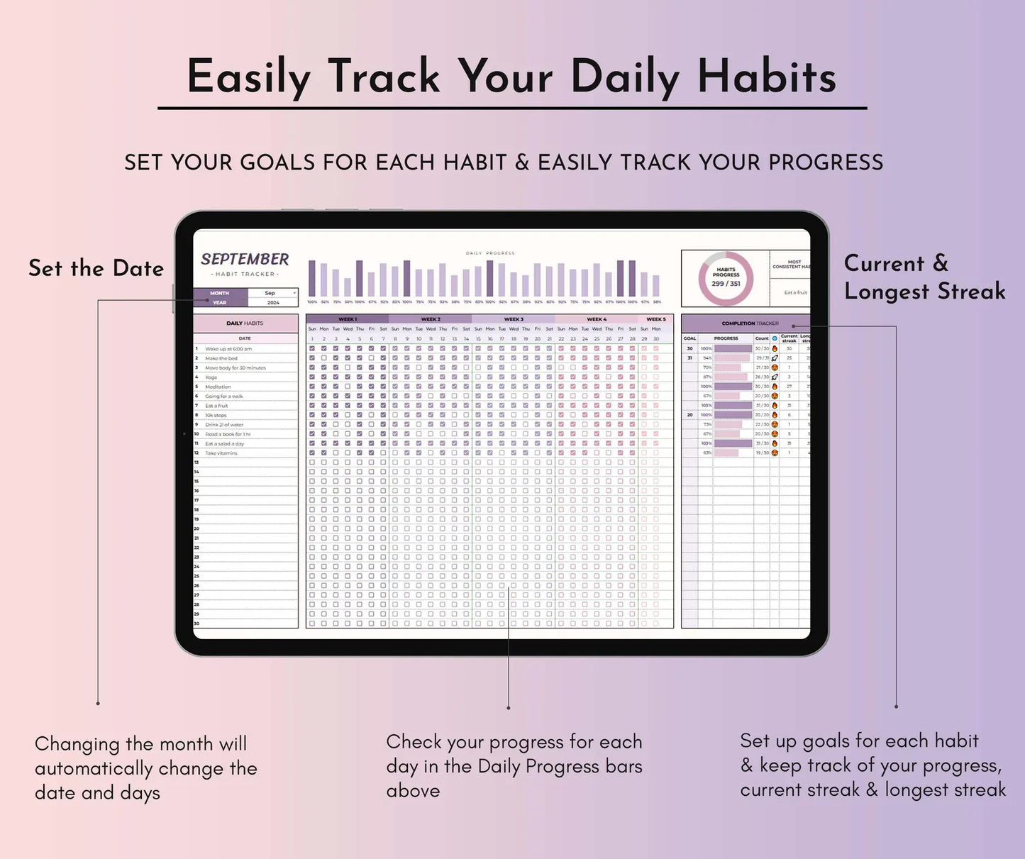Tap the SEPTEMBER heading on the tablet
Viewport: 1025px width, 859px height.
tap(245, 259)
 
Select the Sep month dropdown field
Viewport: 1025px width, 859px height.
tap(272, 293)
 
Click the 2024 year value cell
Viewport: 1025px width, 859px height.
tap(272, 302)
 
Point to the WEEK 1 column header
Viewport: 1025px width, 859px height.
tap(347, 319)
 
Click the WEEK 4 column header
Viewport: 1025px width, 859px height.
tap(596, 319)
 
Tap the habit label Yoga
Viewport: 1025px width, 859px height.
tap(211, 377)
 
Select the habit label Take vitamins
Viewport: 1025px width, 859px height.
tap(221, 453)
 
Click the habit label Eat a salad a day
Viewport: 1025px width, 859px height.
tap(224, 443)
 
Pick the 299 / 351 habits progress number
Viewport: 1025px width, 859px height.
tap(726, 284)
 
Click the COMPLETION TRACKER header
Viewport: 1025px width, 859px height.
tap(750, 323)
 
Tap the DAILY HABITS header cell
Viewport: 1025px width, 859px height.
tap(245, 323)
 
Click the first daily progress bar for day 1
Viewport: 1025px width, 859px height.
tap(312, 279)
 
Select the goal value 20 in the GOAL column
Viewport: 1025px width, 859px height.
tap(689, 415)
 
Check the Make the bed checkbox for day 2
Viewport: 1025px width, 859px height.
tap(324, 358)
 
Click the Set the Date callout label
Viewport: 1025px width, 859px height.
tap(96, 268)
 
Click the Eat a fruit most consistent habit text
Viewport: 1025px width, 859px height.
tap(794, 292)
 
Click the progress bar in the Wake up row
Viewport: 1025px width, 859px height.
tap(733, 349)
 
